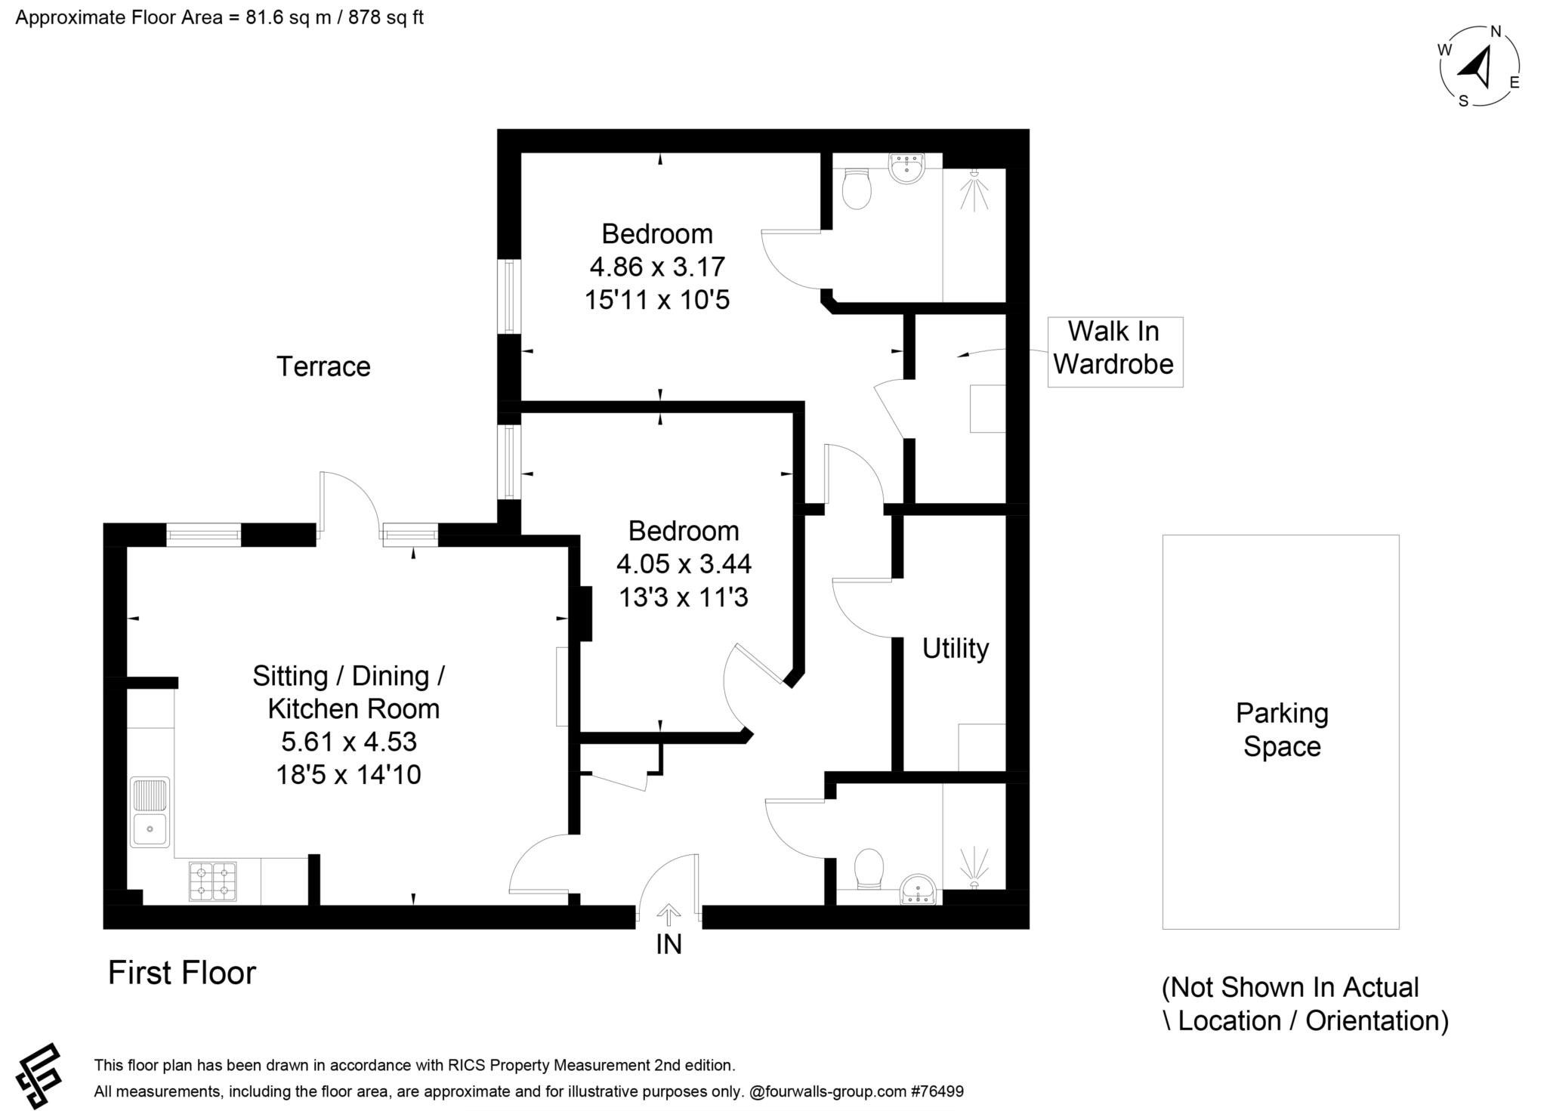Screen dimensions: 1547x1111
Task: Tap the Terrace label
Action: [323, 366]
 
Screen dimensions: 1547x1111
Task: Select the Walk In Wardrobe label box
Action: [1115, 352]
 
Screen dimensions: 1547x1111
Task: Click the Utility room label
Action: [956, 649]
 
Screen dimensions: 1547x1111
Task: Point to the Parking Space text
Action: [1282, 730]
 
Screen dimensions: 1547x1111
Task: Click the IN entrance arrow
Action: [668, 915]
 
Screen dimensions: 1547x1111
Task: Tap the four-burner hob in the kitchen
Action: [212, 881]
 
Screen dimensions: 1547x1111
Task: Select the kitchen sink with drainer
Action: [150, 812]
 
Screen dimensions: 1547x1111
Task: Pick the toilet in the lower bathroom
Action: [869, 869]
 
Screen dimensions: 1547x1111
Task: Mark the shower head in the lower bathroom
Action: [975, 868]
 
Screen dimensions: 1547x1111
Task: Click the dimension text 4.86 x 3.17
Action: [657, 267]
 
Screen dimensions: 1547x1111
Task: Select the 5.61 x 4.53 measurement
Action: [349, 742]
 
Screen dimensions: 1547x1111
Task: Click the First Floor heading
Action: [182, 973]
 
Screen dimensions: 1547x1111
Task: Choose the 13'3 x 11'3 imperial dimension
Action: [684, 597]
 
